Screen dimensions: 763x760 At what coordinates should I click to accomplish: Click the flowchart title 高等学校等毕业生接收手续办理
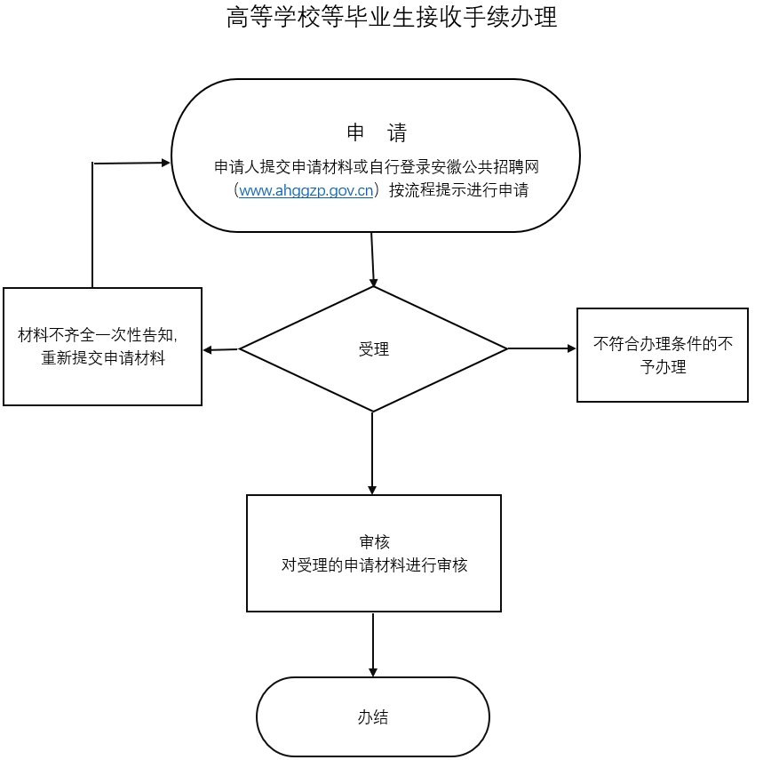[x=392, y=17]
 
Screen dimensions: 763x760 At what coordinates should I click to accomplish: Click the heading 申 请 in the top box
[x=377, y=132]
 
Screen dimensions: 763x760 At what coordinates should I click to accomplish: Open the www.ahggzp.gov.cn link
[x=306, y=190]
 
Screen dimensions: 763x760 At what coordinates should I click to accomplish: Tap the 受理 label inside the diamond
[x=374, y=349]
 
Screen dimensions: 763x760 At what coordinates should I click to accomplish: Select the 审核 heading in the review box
[x=374, y=541]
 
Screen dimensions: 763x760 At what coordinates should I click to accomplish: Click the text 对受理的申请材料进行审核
[x=374, y=564]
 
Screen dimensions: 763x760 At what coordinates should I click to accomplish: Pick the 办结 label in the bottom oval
[x=373, y=717]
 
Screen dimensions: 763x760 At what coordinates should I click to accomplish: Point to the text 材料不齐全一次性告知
[x=96, y=335]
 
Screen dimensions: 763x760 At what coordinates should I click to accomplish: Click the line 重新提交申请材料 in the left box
[x=103, y=358]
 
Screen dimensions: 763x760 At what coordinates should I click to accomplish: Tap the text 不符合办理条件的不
[x=663, y=344]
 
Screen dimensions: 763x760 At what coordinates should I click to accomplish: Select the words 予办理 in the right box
[x=663, y=366]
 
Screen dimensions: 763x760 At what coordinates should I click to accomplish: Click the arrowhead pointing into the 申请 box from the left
[x=166, y=163]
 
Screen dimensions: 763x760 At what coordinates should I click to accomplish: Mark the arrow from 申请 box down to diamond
[x=373, y=260]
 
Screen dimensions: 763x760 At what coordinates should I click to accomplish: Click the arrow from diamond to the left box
[x=221, y=349]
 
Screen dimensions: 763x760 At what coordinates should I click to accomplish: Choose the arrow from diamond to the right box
[x=542, y=348]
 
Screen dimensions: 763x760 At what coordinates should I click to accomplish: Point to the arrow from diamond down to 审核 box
[x=372, y=453]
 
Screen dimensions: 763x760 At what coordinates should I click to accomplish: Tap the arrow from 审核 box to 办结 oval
[x=373, y=644]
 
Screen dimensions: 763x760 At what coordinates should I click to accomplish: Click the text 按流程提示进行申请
[x=459, y=190]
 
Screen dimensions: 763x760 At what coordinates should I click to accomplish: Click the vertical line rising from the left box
[x=92, y=226]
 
